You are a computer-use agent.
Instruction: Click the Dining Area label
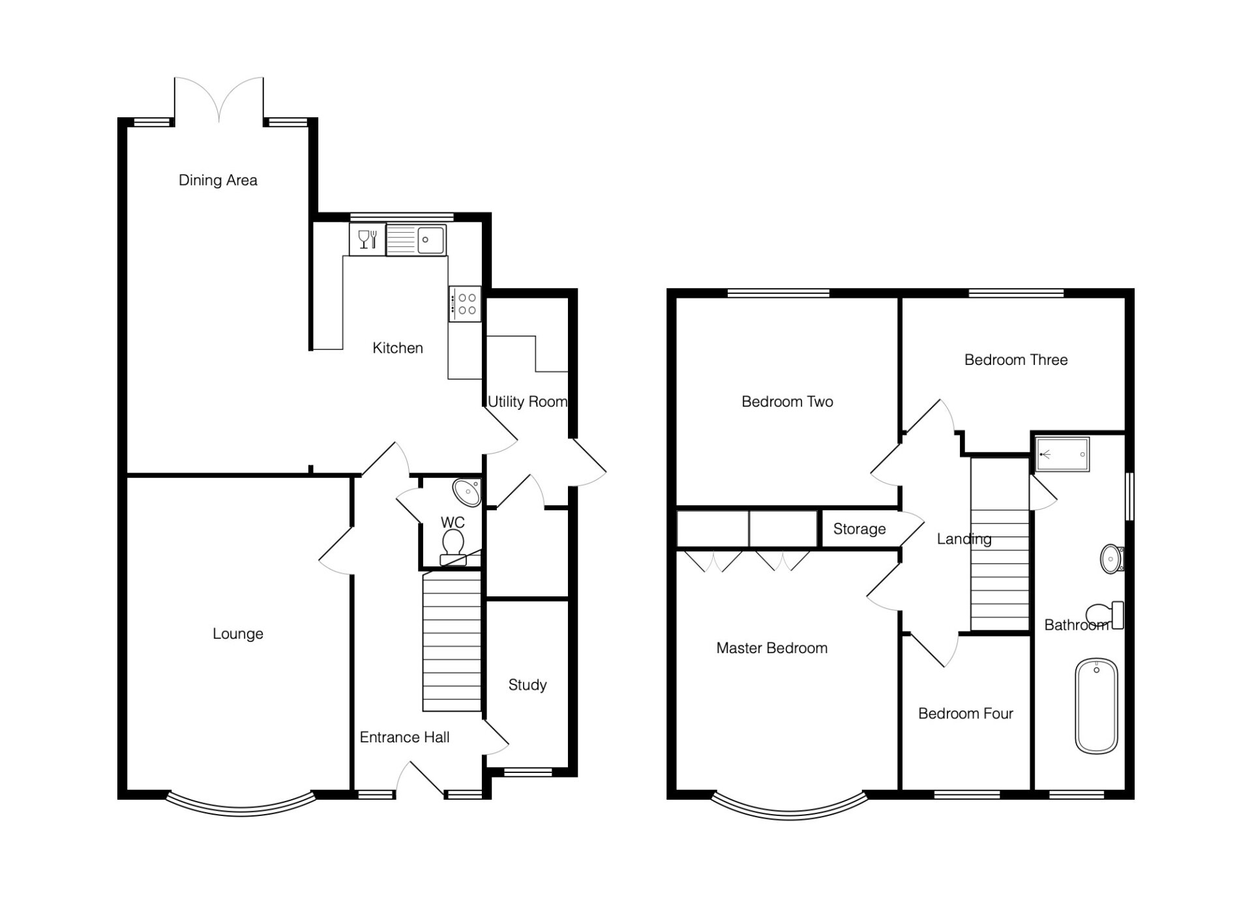[218, 180]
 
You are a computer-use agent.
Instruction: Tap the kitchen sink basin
[431, 240]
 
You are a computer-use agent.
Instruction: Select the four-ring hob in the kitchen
[465, 304]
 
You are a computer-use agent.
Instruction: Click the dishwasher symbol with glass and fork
[368, 239]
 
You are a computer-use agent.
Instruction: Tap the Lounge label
[238, 633]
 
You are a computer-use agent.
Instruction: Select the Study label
[528, 685]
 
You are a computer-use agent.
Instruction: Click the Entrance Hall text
[404, 737]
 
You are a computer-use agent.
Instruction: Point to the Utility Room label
[528, 401]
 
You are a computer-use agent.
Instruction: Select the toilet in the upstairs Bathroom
[1105, 615]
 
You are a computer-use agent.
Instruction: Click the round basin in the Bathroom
[1112, 559]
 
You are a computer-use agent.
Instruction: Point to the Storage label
[859, 529]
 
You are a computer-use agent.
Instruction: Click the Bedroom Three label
[1016, 360]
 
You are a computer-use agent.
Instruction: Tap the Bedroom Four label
[966, 714]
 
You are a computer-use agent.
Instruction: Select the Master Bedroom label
[772, 648]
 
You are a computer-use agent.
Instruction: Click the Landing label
[964, 539]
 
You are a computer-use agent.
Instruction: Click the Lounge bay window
[241, 812]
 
